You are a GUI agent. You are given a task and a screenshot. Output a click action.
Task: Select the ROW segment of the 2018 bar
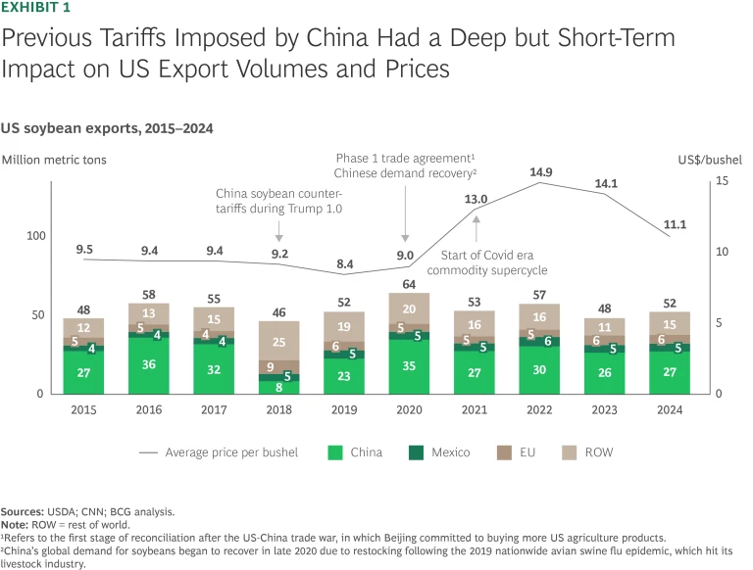tap(279, 342)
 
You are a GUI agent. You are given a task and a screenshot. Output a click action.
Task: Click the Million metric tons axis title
tap(54, 158)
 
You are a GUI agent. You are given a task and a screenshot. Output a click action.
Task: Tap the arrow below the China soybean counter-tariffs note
tap(279, 232)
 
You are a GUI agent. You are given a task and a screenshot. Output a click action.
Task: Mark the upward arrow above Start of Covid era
tap(477, 227)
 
